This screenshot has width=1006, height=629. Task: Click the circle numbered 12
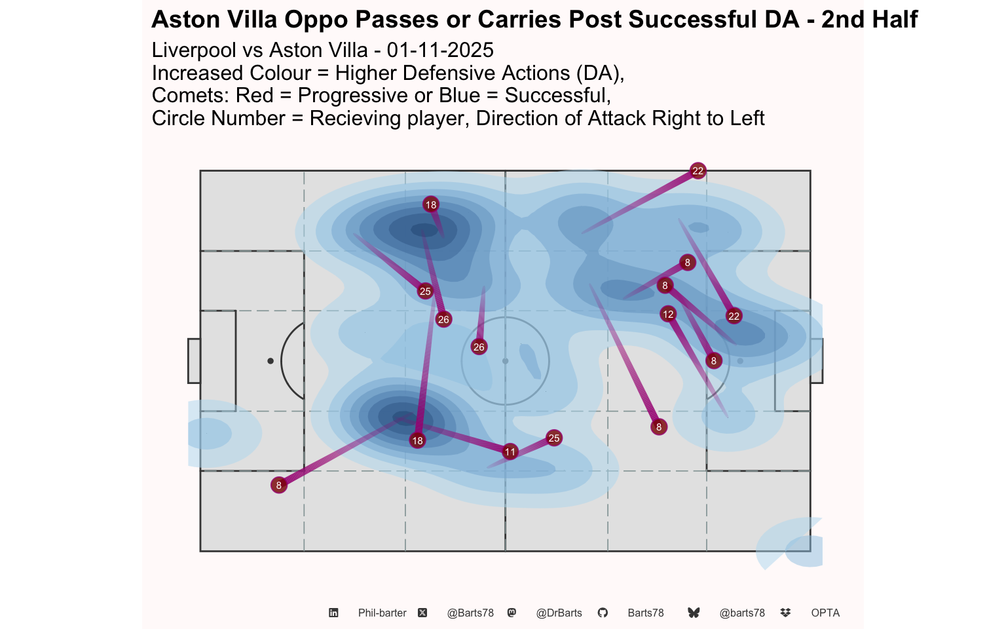pyautogui.click(x=668, y=314)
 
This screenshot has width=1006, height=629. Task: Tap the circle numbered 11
pyautogui.click(x=510, y=451)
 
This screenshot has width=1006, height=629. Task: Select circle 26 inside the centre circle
pyautogui.click(x=479, y=347)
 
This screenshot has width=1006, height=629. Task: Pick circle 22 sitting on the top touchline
pyautogui.click(x=698, y=171)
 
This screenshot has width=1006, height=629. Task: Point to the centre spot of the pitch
pyautogui.click(x=505, y=361)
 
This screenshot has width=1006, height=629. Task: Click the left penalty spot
pyautogui.click(x=270, y=361)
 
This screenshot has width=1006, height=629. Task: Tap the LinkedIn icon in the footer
pyautogui.click(x=333, y=613)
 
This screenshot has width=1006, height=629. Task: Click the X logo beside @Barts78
pyautogui.click(x=422, y=613)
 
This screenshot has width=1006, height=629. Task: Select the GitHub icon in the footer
pyautogui.click(x=603, y=613)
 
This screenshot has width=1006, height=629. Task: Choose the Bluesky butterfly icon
pyautogui.click(x=694, y=613)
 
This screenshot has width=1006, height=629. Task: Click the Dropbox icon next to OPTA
pyautogui.click(x=786, y=613)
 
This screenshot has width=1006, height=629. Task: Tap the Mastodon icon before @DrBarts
pyautogui.click(x=512, y=613)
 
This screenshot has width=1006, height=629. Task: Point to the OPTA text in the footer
pyautogui.click(x=825, y=613)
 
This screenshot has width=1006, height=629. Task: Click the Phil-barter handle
pyautogui.click(x=382, y=613)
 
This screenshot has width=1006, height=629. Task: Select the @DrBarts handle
pyautogui.click(x=559, y=613)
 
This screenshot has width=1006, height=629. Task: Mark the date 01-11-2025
pyautogui.click(x=440, y=50)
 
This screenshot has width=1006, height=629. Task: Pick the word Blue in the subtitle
pyautogui.click(x=460, y=96)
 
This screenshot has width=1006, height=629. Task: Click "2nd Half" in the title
pyautogui.click(x=869, y=20)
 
